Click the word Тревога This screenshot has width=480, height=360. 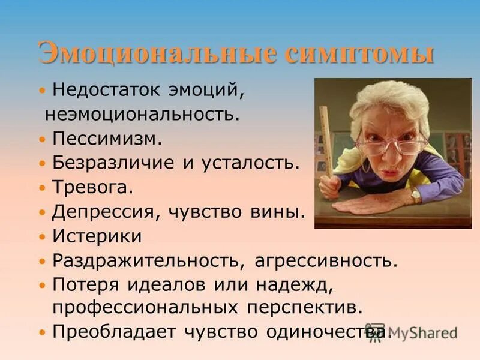(x=92, y=187)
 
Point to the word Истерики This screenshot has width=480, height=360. (x=97, y=236)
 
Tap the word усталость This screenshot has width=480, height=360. (x=254, y=163)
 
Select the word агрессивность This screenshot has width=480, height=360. (x=326, y=261)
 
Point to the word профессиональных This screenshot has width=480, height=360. (x=146, y=307)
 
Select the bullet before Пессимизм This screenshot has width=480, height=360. (x=42, y=139)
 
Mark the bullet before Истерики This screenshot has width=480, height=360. (x=42, y=236)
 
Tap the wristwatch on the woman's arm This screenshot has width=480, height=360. (x=415, y=196)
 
